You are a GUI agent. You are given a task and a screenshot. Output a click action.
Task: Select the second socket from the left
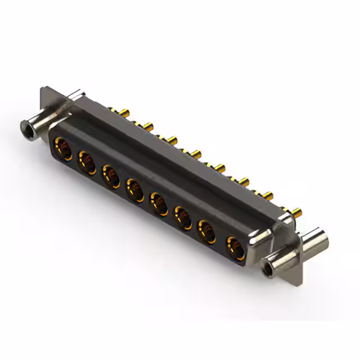[x=87, y=163]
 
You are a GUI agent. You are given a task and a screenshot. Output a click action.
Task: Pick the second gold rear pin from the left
[x=148, y=125]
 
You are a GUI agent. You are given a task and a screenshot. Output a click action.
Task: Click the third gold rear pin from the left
[x=172, y=138]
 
